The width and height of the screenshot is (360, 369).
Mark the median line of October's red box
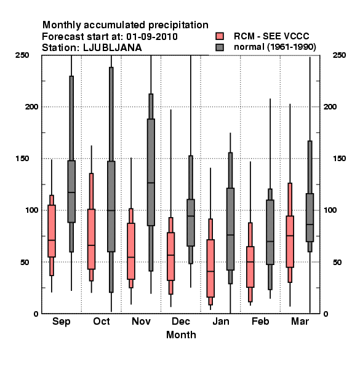pos(91,245)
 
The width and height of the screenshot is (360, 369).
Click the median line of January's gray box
pos(230,235)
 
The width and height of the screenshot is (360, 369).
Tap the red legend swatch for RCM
pos(220,36)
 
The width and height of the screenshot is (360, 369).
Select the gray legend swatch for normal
pos(220,47)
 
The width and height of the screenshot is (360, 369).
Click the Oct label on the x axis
pos(102,321)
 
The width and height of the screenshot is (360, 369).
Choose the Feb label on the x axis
pos(260,321)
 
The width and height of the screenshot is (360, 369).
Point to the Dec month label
pos(181,321)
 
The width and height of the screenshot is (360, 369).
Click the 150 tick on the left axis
pos(22,159)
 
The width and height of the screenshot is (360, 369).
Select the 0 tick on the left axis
pos(36,314)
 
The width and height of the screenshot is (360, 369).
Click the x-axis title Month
pos(181,335)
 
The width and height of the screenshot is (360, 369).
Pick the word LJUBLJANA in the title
pos(113,48)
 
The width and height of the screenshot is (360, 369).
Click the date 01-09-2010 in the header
pos(152,37)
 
